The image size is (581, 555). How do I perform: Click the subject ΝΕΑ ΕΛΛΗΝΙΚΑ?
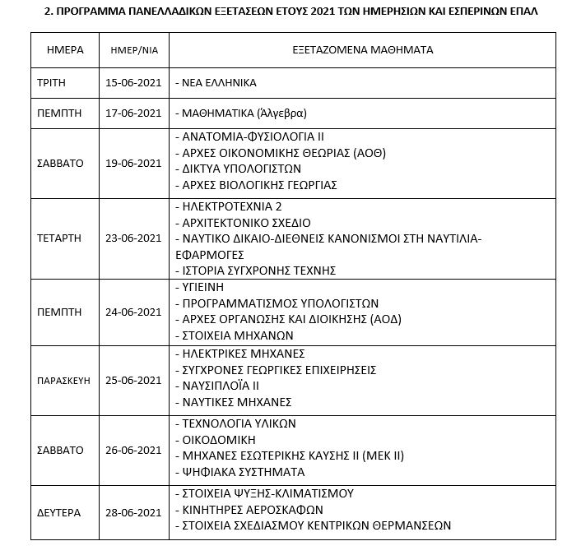click(x=219, y=83)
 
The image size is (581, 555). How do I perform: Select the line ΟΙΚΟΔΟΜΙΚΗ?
click(x=216, y=440)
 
